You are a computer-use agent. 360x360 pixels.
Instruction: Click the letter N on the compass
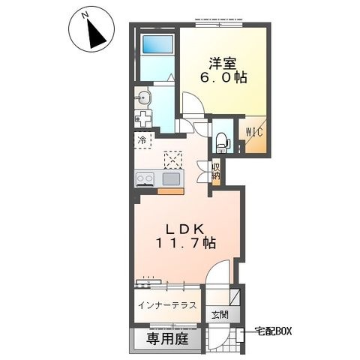point(85,16)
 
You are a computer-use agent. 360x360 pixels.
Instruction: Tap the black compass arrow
point(96,35)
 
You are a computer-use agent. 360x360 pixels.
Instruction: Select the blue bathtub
point(157,44)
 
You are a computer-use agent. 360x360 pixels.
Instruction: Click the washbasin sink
point(143,97)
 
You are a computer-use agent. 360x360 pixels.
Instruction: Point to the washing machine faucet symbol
point(143,118)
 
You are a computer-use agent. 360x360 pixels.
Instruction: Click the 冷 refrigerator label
point(142,140)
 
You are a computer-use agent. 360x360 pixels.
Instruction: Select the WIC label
point(254,132)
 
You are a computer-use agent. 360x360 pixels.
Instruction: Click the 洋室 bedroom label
point(222,64)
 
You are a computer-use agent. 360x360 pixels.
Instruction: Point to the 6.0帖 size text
point(223,78)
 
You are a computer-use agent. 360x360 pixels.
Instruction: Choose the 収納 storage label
point(216,172)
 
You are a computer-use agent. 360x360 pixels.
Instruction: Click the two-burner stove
point(145,179)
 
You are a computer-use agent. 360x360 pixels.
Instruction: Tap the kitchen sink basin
point(171,179)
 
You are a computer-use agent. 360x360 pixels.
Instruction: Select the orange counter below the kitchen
point(170,191)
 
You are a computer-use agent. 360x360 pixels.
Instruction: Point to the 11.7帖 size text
point(186,243)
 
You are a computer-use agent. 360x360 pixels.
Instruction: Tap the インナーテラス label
point(167,305)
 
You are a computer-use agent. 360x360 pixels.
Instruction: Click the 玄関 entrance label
point(220,315)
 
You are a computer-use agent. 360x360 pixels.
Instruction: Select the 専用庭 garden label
point(167,339)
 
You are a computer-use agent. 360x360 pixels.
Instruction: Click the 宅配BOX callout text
point(273,331)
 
